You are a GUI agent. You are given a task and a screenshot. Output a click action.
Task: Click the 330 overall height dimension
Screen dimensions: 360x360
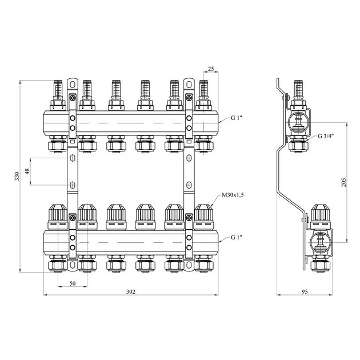click(17, 176)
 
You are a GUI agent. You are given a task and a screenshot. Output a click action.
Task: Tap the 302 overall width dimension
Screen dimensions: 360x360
click(131, 292)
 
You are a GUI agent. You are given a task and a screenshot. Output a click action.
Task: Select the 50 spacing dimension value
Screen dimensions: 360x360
click(73, 283)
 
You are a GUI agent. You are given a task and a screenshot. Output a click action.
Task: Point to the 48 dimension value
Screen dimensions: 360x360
click(27, 171)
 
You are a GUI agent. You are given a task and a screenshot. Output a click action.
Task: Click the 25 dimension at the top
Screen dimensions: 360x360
click(211, 69)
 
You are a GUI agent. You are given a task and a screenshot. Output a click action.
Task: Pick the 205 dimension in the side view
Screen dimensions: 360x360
click(343, 182)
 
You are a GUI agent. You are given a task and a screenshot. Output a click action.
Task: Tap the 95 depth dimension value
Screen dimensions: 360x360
click(305, 292)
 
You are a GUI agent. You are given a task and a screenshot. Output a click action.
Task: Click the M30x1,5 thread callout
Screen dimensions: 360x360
click(233, 195)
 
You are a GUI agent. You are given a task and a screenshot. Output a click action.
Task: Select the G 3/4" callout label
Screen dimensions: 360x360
click(326, 136)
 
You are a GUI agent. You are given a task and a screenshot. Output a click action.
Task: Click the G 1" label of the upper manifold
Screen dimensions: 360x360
click(237, 118)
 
